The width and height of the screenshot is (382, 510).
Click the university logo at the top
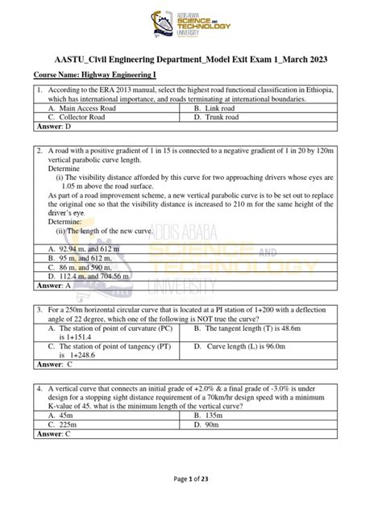191,27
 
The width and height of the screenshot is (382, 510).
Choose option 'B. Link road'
217,107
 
